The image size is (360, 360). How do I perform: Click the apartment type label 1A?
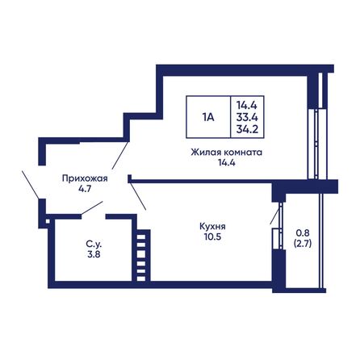(208, 117)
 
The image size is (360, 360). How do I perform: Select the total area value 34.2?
(247, 129)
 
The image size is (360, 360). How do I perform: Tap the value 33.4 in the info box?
(247, 117)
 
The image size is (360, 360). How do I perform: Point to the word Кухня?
(212, 227)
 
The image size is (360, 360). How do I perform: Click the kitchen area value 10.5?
(212, 237)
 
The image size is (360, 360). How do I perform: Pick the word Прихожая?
(85, 178)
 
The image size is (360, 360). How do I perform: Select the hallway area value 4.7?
(85, 189)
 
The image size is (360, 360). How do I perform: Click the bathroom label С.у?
(94, 245)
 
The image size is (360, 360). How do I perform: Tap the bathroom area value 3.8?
(94, 254)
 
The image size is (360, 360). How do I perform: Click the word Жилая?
(206, 153)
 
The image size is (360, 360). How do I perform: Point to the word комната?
(243, 153)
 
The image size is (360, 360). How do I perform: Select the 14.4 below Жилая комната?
(227, 162)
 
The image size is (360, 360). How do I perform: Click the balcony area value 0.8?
(303, 232)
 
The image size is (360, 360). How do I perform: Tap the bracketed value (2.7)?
(303, 244)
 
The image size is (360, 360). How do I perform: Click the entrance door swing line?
(30, 185)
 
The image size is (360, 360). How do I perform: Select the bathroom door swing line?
(92, 207)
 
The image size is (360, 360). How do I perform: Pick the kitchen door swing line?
(138, 195)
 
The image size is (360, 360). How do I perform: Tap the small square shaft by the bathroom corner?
(48, 221)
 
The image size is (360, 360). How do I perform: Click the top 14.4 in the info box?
(247, 105)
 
